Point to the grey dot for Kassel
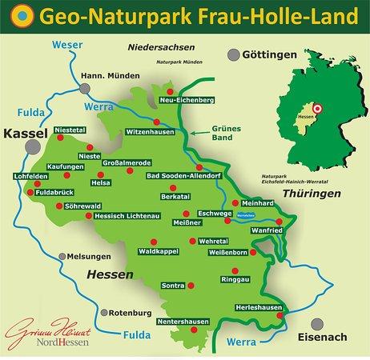(x=34, y=147)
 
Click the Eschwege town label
(x=204, y=213)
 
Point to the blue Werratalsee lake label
(x=247, y=214)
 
